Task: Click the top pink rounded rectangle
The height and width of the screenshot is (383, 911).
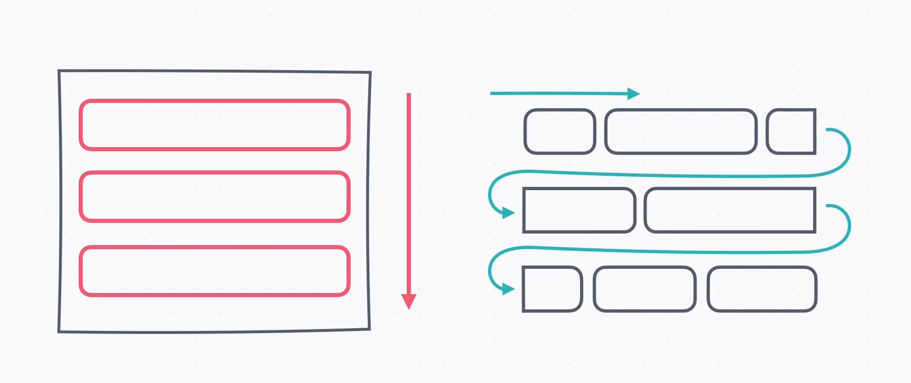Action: [214, 125]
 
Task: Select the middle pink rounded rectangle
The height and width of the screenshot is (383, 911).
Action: [214, 197]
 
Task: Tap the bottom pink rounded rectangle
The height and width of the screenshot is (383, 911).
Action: [214, 272]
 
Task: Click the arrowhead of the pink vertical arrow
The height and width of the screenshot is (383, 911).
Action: [409, 301]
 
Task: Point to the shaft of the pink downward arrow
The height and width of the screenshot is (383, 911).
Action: [409, 191]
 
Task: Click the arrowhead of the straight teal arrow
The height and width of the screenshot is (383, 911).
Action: [634, 93]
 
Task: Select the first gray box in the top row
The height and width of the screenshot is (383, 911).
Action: [559, 132]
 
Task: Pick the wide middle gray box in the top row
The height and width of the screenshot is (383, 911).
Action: [681, 132]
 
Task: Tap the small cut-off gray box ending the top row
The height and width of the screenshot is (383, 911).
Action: [791, 132]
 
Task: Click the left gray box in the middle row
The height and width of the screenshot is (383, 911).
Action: [579, 210]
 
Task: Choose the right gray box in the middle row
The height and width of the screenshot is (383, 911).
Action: [730, 210]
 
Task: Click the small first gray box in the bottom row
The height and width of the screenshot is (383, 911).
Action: [552, 289]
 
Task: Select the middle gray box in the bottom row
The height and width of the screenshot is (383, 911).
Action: [644, 289]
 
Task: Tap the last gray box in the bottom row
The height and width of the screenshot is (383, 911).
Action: [762, 289]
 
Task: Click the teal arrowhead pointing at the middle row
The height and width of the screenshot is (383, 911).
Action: [508, 213]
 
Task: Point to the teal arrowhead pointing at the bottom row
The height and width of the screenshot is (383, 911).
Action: [508, 289]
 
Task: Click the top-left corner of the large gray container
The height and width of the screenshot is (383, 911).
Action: [60, 71]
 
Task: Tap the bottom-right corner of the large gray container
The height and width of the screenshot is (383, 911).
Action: [369, 329]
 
